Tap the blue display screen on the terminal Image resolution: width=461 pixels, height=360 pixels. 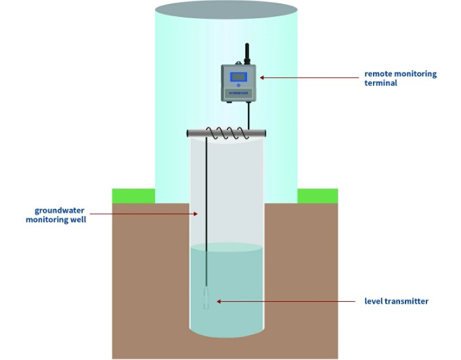(238, 76)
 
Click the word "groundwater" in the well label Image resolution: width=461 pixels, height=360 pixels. (60, 210)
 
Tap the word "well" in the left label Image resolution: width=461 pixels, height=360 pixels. (76, 219)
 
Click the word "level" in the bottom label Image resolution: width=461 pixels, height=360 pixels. (374, 301)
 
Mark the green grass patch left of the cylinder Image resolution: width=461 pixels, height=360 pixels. (133, 195)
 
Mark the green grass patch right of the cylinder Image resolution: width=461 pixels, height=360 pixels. (317, 195)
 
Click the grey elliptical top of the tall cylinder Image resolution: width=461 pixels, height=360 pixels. (227, 10)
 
